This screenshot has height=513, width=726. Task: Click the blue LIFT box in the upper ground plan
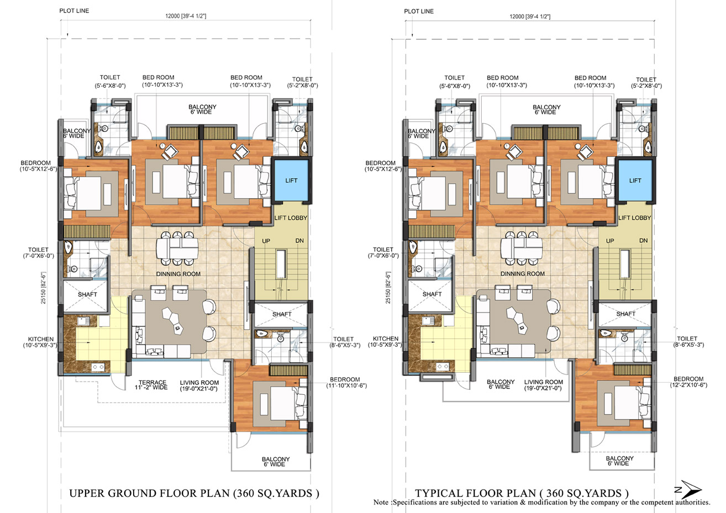[291, 181]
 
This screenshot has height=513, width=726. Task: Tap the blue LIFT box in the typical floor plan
[635, 181]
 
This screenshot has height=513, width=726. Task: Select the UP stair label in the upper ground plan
[266, 241]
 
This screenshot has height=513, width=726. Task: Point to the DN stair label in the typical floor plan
[643, 241]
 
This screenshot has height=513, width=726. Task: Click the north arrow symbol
[690, 489]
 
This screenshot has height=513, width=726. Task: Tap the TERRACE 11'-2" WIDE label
[151, 385]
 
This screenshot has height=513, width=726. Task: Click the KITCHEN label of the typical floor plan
[385, 339]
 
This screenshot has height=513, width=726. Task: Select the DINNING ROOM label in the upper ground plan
[178, 274]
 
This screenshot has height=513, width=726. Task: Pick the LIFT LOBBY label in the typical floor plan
[635, 218]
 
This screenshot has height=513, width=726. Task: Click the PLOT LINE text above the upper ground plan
[74, 10]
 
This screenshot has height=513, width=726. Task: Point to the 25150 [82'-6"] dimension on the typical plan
[388, 288]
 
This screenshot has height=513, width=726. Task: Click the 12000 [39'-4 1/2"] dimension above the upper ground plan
[186, 16]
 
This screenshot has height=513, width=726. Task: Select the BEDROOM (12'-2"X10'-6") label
[689, 382]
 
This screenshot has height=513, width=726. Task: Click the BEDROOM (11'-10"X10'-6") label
[346, 383]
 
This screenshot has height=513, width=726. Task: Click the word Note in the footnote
[381, 503]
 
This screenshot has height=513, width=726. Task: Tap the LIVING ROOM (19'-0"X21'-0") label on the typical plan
[543, 385]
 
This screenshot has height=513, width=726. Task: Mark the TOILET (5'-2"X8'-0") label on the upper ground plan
[302, 82]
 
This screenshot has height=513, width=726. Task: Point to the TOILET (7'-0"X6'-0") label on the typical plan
[383, 252]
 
